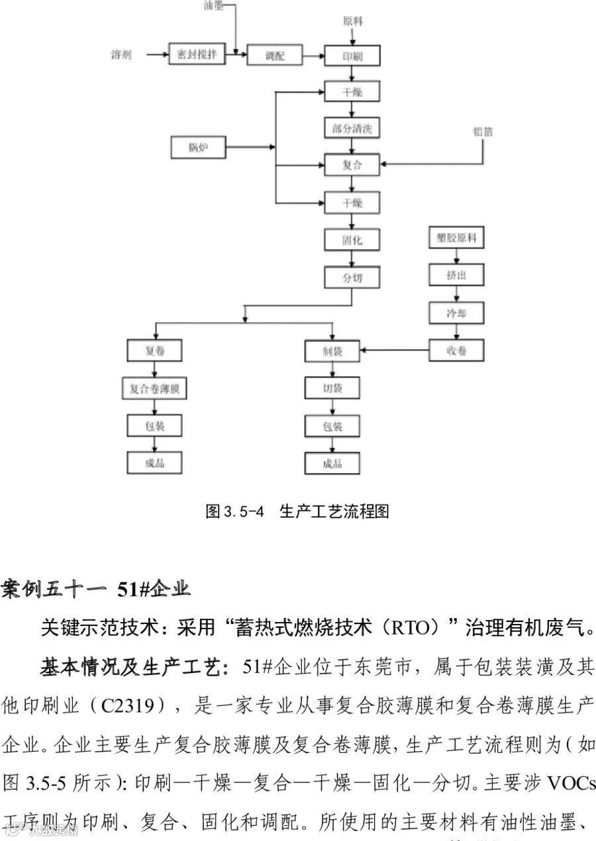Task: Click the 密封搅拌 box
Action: (x=197, y=55)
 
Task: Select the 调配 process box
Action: (x=274, y=56)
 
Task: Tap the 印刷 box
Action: (x=352, y=56)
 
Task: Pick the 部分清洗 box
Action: (x=352, y=128)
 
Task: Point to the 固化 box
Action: (x=352, y=240)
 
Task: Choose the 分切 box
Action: (x=352, y=277)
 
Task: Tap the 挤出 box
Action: (x=456, y=275)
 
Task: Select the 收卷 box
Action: (x=456, y=350)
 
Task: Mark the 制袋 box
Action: (x=332, y=350)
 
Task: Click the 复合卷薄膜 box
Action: (x=154, y=389)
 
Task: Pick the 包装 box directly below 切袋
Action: (x=332, y=425)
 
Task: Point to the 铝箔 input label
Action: (x=483, y=132)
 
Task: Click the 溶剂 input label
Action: (x=121, y=55)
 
